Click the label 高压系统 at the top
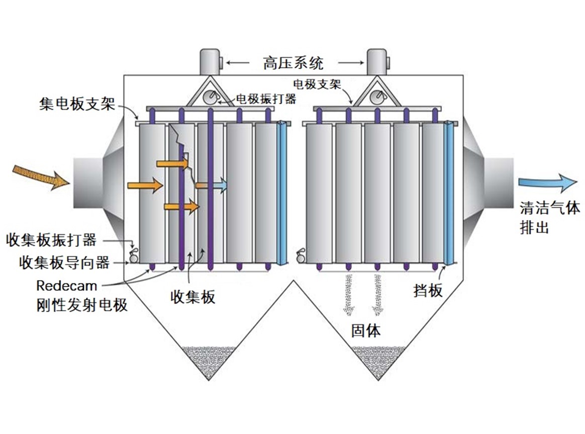click(293, 63)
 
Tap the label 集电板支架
click(77, 104)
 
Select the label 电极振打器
click(266, 99)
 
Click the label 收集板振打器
click(51, 240)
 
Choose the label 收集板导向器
click(64, 263)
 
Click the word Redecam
click(67, 286)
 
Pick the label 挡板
click(428, 290)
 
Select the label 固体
click(366, 330)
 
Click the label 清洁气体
click(550, 208)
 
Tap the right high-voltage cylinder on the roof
click(378, 61)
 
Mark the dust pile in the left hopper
click(209, 361)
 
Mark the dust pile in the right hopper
click(378, 361)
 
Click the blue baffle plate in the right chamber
click(451, 193)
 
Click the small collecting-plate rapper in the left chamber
click(133, 256)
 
